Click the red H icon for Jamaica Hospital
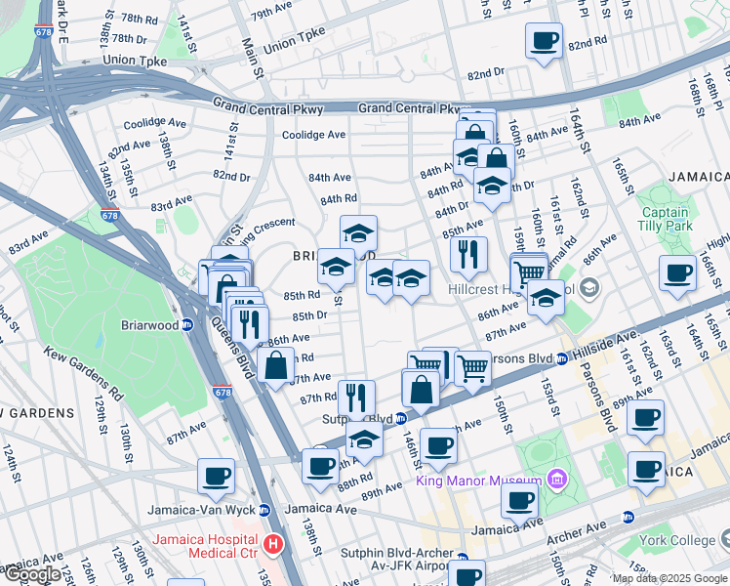[274, 543]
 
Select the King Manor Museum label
[479, 481]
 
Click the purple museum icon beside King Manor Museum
[556, 479]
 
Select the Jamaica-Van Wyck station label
[201, 510]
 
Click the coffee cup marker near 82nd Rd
[544, 42]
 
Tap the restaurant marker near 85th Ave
[469, 254]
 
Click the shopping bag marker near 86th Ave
[276, 366]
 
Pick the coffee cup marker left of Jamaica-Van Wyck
[216, 476]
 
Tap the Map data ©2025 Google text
[669, 578]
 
